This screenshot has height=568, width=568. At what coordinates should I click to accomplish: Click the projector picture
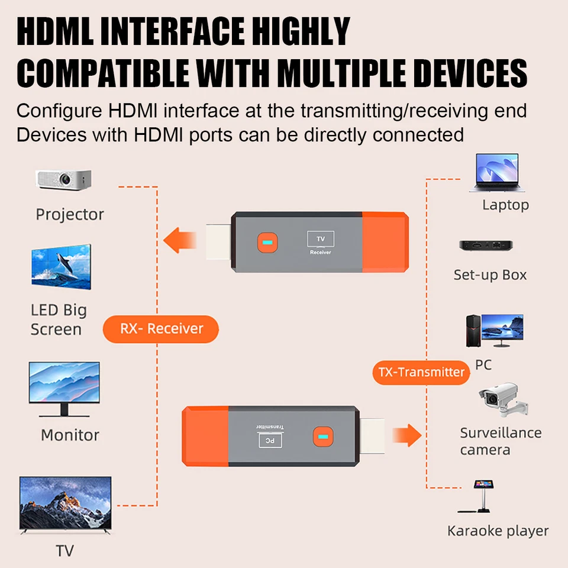tap(63, 179)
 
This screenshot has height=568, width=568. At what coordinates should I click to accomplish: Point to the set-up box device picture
tap(486, 246)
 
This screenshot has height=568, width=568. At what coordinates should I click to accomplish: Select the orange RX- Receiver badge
tap(161, 329)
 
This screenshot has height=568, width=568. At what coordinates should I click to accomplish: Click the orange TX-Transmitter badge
tap(421, 372)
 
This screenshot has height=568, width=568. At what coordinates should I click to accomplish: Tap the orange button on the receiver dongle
tap(266, 243)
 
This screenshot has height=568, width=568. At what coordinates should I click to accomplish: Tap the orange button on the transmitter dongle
tap(322, 437)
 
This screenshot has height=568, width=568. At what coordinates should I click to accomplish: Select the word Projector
tap(70, 214)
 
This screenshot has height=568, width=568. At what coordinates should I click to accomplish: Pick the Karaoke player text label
tap(498, 531)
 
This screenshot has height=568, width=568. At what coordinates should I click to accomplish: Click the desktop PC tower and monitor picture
tap(494, 331)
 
